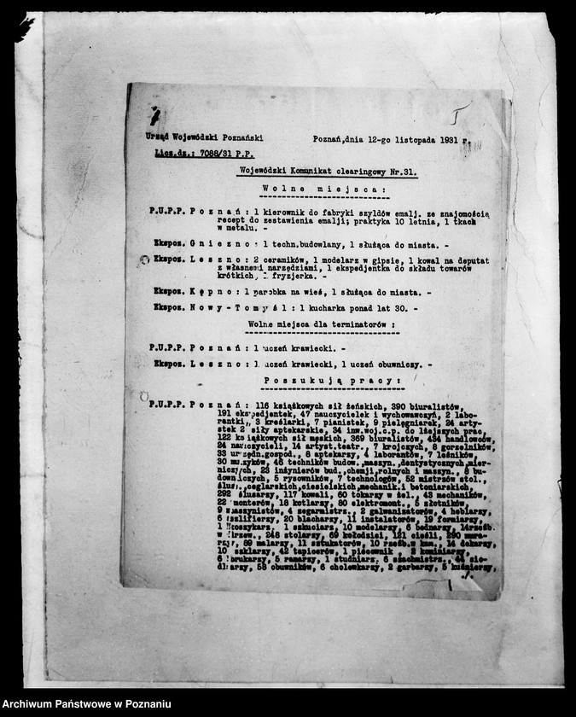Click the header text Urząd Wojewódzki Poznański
pos(204,137)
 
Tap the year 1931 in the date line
pos(455,138)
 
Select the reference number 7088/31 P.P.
pos(225,154)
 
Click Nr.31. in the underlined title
pos(403,172)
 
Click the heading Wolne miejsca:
pos(318,189)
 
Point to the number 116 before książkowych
pos(255,404)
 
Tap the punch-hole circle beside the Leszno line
pos(143,260)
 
